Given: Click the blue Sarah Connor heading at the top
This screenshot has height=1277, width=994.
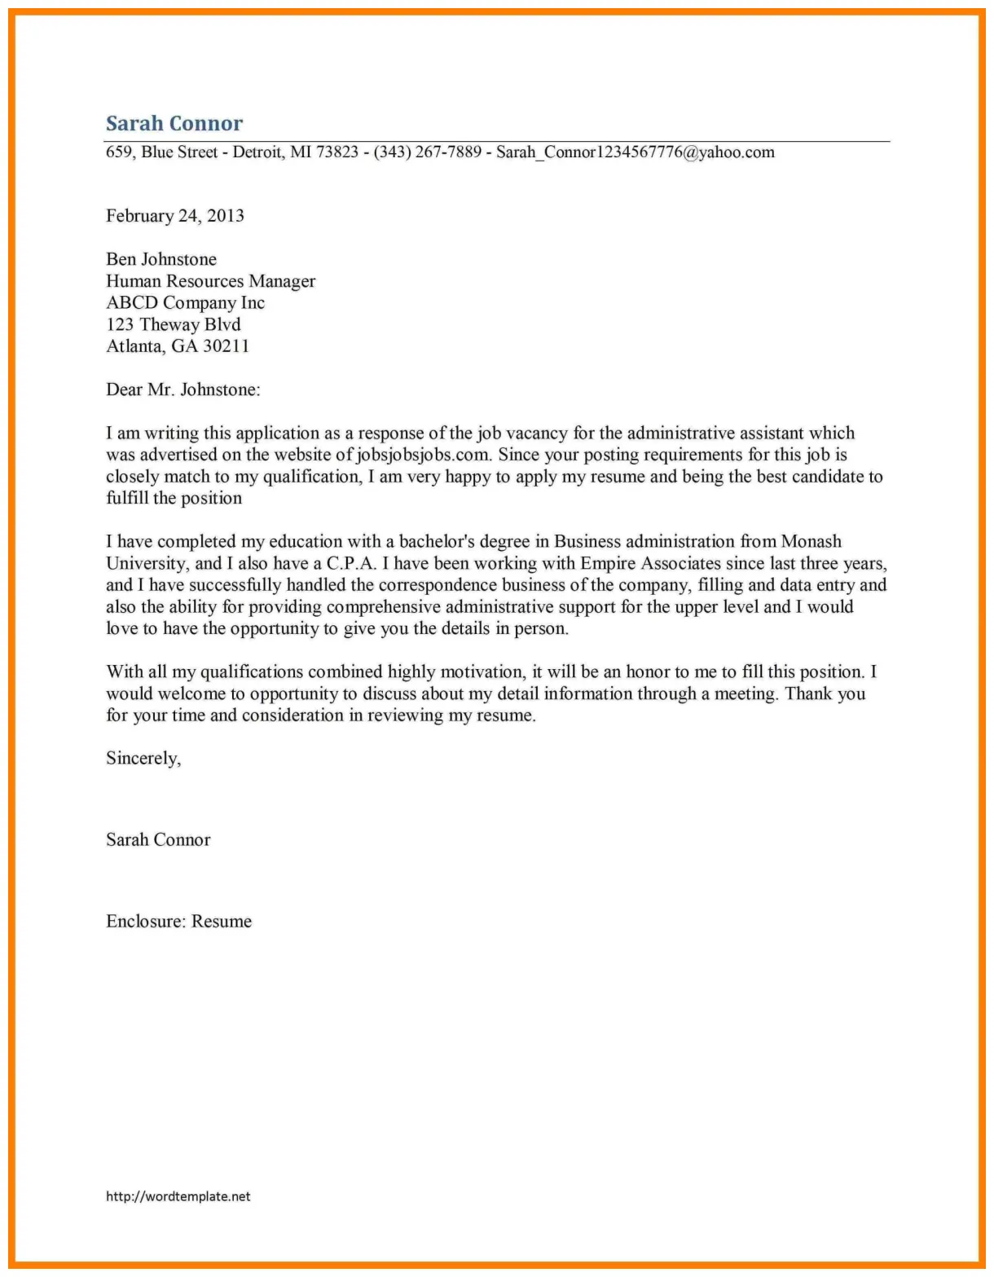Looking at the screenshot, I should [x=174, y=124].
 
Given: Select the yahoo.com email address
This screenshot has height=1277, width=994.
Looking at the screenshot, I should [x=635, y=152].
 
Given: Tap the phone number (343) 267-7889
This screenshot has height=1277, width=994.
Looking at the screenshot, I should [x=427, y=152].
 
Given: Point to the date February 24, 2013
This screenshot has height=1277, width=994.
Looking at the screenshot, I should [x=175, y=216].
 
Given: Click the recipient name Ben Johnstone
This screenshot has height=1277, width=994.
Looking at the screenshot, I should [x=161, y=259].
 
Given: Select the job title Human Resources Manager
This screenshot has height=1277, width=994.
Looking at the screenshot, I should [x=210, y=281].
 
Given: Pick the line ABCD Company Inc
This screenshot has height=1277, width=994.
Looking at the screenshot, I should [x=185, y=303].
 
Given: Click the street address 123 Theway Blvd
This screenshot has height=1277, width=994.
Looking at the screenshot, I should [x=173, y=324].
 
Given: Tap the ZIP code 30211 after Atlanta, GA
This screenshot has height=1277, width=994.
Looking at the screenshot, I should [x=226, y=346].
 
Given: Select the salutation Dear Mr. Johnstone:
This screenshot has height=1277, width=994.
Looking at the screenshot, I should [x=183, y=390].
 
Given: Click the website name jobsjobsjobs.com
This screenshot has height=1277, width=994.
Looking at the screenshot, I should [x=423, y=455].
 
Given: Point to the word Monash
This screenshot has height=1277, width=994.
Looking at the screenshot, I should [x=811, y=542].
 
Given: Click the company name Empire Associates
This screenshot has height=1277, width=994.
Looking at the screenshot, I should [x=651, y=564].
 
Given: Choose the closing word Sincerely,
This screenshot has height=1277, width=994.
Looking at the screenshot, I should [x=143, y=759].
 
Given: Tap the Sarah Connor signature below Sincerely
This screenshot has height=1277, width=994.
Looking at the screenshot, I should [x=158, y=840].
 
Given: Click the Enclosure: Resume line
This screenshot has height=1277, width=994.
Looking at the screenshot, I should [x=178, y=922].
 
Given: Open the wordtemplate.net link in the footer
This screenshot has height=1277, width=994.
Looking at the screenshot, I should [x=178, y=1196].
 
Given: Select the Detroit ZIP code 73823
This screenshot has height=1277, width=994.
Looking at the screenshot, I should [x=336, y=152].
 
